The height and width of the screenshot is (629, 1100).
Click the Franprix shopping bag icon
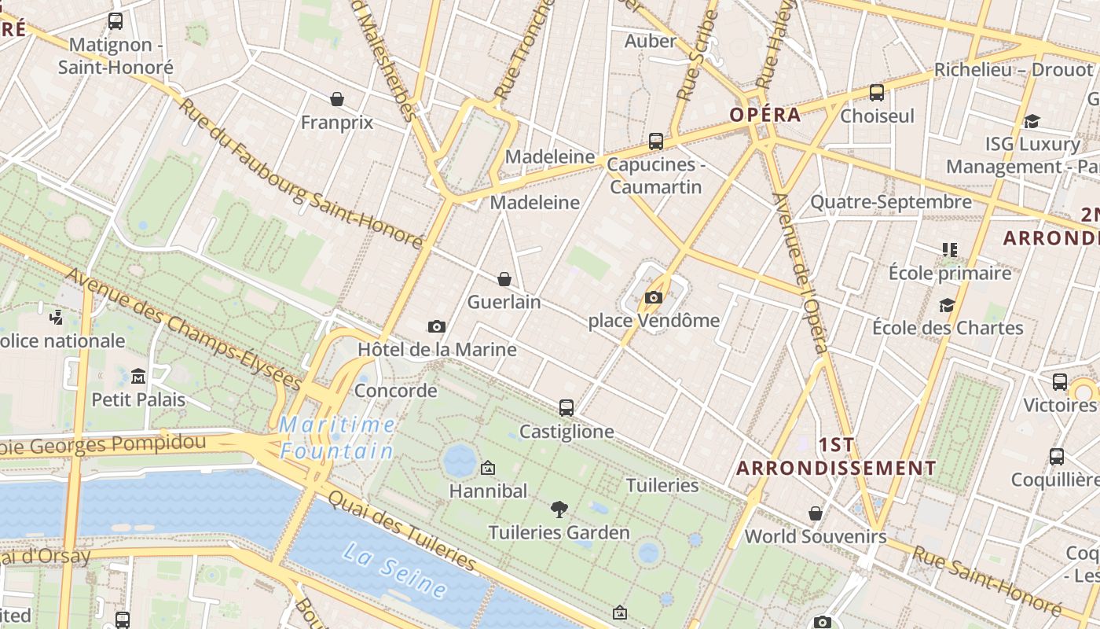(337, 99)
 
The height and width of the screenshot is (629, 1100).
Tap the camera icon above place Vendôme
(653, 297)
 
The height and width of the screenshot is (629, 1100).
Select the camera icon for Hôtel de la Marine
(437, 326)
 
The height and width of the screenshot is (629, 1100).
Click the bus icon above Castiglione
(566, 408)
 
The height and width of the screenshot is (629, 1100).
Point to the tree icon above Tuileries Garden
(559, 509)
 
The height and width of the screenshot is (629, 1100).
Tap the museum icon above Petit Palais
(138, 376)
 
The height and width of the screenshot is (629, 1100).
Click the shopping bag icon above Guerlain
(504, 279)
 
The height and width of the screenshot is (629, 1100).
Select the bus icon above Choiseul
(877, 93)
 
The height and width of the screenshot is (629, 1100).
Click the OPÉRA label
(765, 115)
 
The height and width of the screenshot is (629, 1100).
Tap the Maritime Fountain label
(338, 438)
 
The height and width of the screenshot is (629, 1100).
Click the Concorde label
(396, 391)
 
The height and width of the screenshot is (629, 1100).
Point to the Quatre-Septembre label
(891, 202)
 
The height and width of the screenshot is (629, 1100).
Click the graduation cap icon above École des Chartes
(948, 305)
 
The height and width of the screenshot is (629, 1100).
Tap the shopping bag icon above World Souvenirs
(816, 513)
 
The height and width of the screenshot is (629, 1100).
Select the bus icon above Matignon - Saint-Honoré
(115, 21)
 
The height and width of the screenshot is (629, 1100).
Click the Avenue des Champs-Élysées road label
(185, 330)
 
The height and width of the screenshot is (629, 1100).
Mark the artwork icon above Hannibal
(488, 469)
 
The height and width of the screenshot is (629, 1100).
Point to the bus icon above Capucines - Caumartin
(656, 142)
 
